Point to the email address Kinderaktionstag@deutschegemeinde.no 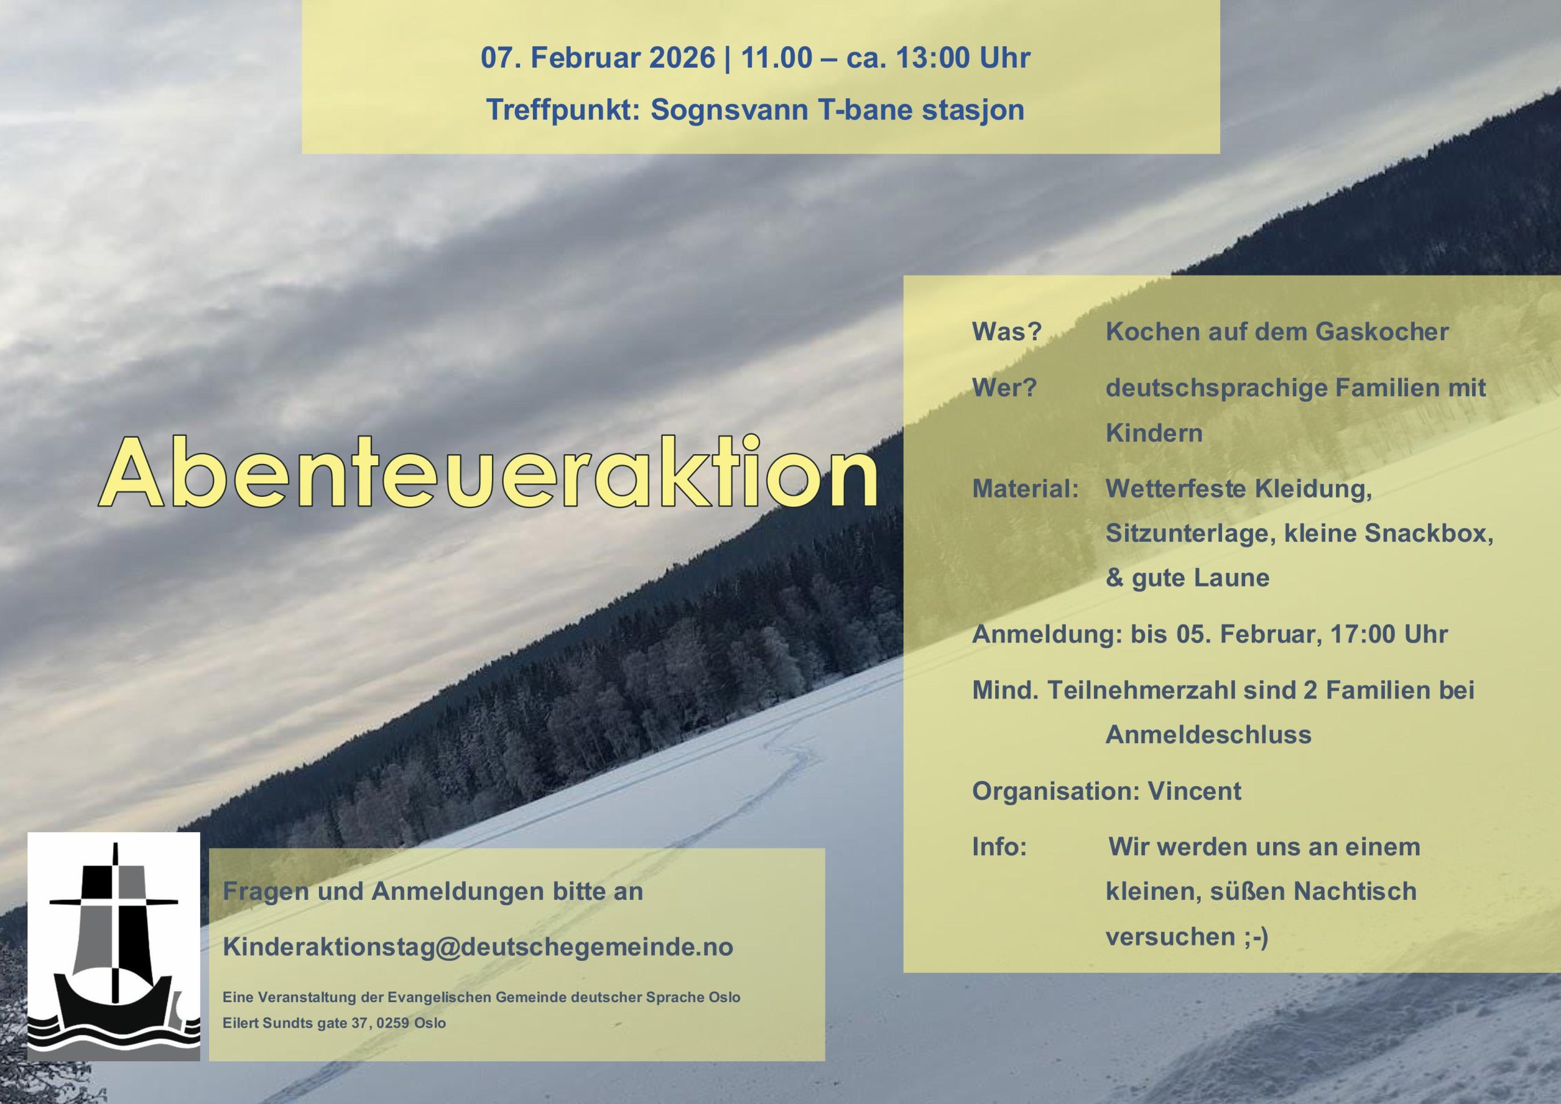478,947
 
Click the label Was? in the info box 1007,332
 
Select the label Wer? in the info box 1004,388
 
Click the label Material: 1025,489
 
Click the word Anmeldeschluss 1208,734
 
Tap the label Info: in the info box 999,847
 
